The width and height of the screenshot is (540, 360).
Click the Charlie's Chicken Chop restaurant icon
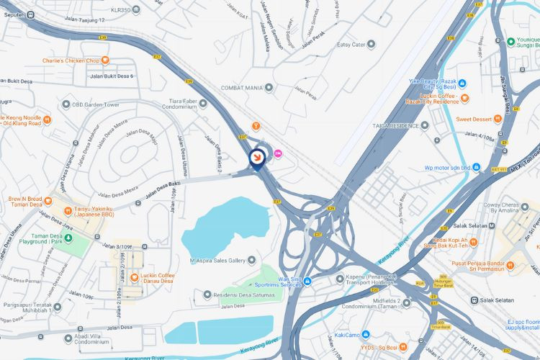[x=105, y=60]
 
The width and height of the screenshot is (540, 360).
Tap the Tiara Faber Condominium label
[x=174, y=105]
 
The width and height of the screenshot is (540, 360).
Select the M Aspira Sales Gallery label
[x=216, y=260]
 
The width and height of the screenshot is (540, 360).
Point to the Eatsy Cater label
[x=351, y=44]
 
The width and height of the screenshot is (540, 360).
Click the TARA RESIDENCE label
[x=395, y=125]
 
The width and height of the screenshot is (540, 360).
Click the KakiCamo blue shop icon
[x=366, y=335]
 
